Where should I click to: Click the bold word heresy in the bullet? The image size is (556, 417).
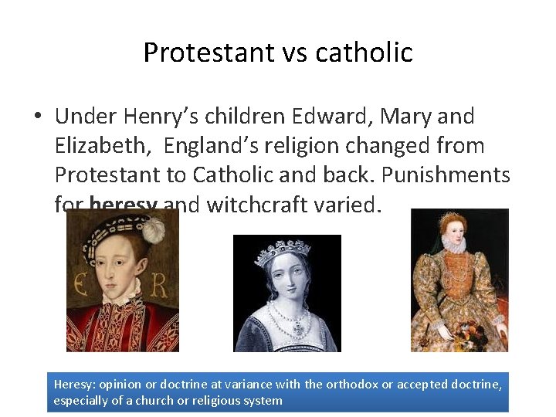(124, 205)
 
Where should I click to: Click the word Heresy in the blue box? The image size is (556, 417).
(73, 385)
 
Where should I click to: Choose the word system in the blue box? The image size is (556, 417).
(263, 400)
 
